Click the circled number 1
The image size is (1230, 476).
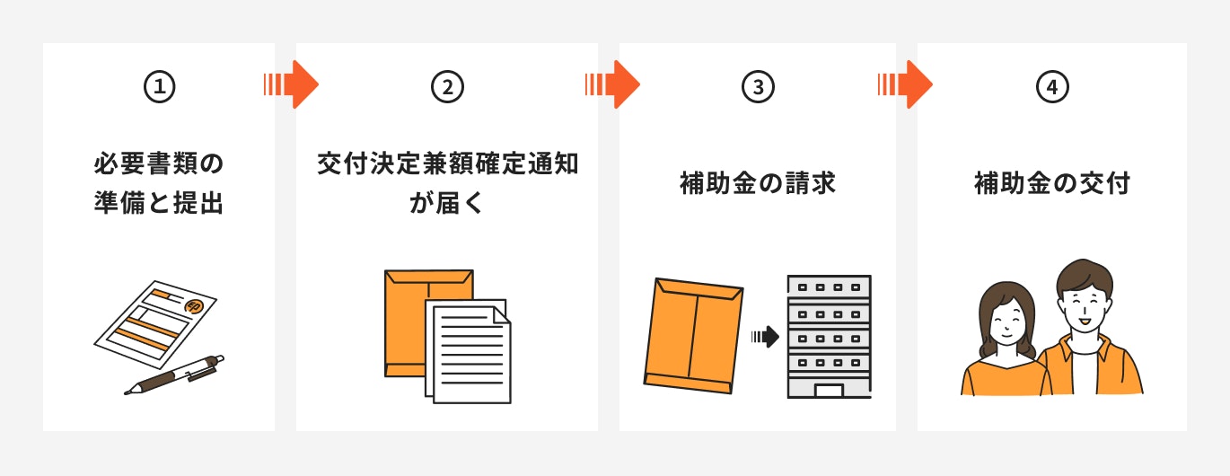pos(159,87)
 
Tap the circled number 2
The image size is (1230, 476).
pos(447,87)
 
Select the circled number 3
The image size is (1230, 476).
pos(758,87)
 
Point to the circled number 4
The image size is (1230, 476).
pos(1052,87)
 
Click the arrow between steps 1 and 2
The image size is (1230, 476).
pos(291,84)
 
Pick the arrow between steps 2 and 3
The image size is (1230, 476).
pos(612,84)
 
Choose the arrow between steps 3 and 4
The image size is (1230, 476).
pos(905,84)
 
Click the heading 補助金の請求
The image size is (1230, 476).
pos(758,183)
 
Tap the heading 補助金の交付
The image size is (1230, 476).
pos(1052,183)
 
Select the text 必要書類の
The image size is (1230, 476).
pos(159,163)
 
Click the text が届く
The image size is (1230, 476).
pos(446,203)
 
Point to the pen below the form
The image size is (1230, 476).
pos(174,375)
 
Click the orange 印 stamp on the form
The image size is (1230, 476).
pos(193,306)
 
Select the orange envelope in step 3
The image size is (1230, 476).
pos(693,336)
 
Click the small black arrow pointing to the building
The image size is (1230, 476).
pos(766,336)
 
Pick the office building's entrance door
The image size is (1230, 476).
pos(829,391)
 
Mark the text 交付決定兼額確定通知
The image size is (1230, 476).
pos(447,163)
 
